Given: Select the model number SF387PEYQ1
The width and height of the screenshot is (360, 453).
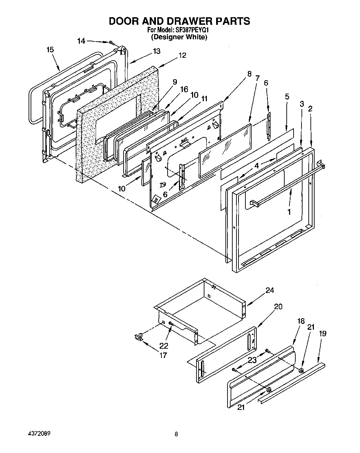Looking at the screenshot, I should (194, 30).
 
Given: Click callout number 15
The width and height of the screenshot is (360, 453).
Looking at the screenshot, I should (50, 50).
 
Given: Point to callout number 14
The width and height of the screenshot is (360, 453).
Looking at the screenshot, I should (81, 41).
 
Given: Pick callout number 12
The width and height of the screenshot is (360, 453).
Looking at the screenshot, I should (182, 55).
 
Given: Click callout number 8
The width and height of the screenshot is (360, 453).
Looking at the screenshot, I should (249, 73).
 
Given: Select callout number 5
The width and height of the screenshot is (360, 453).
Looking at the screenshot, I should (287, 97).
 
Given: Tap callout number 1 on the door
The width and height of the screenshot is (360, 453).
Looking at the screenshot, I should (289, 212).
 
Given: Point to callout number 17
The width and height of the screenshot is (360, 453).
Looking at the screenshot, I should (163, 355).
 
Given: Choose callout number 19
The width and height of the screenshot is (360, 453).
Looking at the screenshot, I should (322, 333).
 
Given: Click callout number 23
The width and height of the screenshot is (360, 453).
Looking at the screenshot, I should (253, 360).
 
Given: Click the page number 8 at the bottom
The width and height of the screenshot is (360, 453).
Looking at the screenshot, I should (176, 435).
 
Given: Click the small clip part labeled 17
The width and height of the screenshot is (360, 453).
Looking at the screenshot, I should (138, 337).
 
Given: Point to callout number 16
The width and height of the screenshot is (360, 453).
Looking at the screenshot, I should (184, 89).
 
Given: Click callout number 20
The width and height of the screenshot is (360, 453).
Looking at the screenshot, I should (278, 306).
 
